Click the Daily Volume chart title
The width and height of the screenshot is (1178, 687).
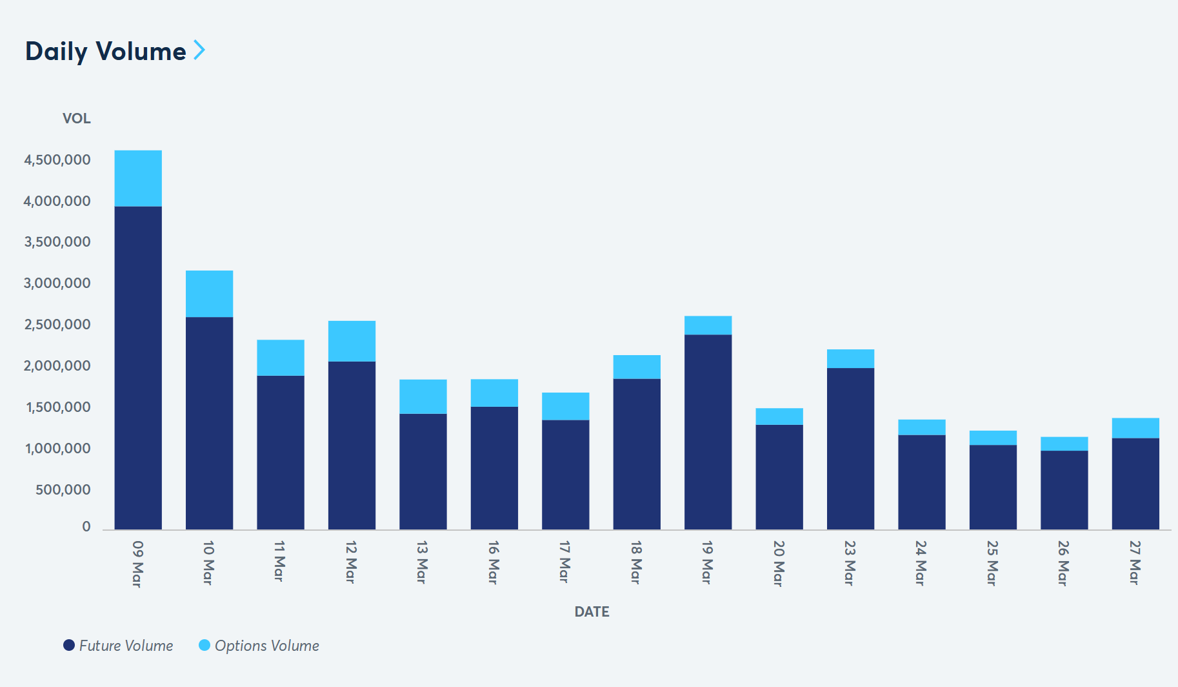(x=105, y=51)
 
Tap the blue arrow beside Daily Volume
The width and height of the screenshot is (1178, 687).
(x=199, y=50)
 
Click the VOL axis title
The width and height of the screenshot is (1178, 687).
(x=76, y=118)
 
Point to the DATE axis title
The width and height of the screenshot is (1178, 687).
(x=592, y=611)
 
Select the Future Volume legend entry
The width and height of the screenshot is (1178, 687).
(x=118, y=646)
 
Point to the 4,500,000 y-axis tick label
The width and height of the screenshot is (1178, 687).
(x=57, y=159)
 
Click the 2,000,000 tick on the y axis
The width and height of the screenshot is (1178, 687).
(x=57, y=365)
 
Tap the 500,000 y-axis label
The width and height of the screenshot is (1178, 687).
(x=63, y=489)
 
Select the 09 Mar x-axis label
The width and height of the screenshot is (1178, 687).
(x=137, y=564)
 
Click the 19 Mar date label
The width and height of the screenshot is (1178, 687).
(x=707, y=562)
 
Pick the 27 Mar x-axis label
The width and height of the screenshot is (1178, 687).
(x=1135, y=562)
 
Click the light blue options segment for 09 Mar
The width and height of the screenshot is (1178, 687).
(x=138, y=178)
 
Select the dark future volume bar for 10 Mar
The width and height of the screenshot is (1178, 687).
(x=209, y=423)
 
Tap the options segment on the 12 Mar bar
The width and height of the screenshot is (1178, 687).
(x=352, y=341)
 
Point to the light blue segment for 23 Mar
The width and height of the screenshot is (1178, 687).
(x=850, y=358)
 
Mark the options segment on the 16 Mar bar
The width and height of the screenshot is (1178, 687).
(x=494, y=393)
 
